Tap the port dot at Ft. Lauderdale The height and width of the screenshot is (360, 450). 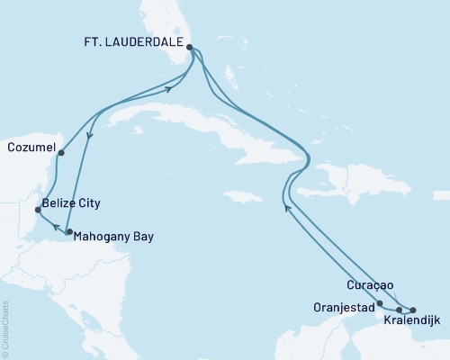click(190, 39)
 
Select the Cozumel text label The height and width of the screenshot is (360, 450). click(30, 147)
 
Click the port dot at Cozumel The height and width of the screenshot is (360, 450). click(60, 153)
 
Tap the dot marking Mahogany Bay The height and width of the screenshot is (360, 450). click(69, 232)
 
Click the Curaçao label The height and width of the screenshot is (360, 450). click(369, 284)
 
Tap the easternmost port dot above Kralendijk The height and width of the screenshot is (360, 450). click(413, 310)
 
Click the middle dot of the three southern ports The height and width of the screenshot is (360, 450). click(399, 309)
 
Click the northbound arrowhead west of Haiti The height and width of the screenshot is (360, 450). click(286, 208)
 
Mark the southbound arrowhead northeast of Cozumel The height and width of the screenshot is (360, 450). click(88, 137)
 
